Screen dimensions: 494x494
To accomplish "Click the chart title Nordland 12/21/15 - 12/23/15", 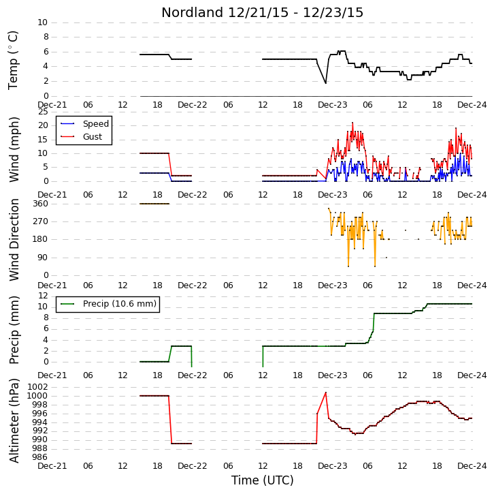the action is pyautogui.click(x=262, y=13).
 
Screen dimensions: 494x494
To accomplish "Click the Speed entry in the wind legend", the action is pyautogui.click(x=96, y=123).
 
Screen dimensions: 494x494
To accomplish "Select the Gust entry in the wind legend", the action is pyautogui.click(x=93, y=136).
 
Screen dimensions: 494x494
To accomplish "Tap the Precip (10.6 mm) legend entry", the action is pyautogui.click(x=120, y=304).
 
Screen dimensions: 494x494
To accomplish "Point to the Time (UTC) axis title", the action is pyautogui.click(x=262, y=480).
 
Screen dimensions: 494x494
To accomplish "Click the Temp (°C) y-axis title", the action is pyautogui.click(x=13, y=60).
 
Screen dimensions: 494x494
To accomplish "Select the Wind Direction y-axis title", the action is pyautogui.click(x=14, y=240).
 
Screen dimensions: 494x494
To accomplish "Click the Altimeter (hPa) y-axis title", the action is pyautogui.click(x=14, y=421).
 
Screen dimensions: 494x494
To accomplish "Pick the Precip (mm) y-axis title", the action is pyautogui.click(x=14, y=330).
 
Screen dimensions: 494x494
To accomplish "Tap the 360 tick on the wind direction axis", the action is pyautogui.click(x=41, y=204).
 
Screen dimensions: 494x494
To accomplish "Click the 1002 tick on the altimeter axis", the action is pyautogui.click(x=38, y=387).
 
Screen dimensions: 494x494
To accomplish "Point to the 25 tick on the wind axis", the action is pyautogui.click(x=43, y=112).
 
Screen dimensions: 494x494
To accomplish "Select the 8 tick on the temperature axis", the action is pyautogui.click(x=46, y=37).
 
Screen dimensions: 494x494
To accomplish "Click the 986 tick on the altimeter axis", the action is pyautogui.click(x=40, y=457).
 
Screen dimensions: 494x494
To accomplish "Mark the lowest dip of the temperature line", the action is pyautogui.click(x=325, y=83).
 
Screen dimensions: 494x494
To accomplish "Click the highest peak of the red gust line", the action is pyautogui.click(x=352, y=123).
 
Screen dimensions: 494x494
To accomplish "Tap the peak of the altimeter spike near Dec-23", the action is pyautogui.click(x=325, y=392).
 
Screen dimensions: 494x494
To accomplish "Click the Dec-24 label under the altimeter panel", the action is pyautogui.click(x=472, y=466).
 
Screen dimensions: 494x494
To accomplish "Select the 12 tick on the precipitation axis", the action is pyautogui.click(x=43, y=296).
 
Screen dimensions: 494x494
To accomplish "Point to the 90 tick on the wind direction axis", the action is pyautogui.click(x=43, y=258).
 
